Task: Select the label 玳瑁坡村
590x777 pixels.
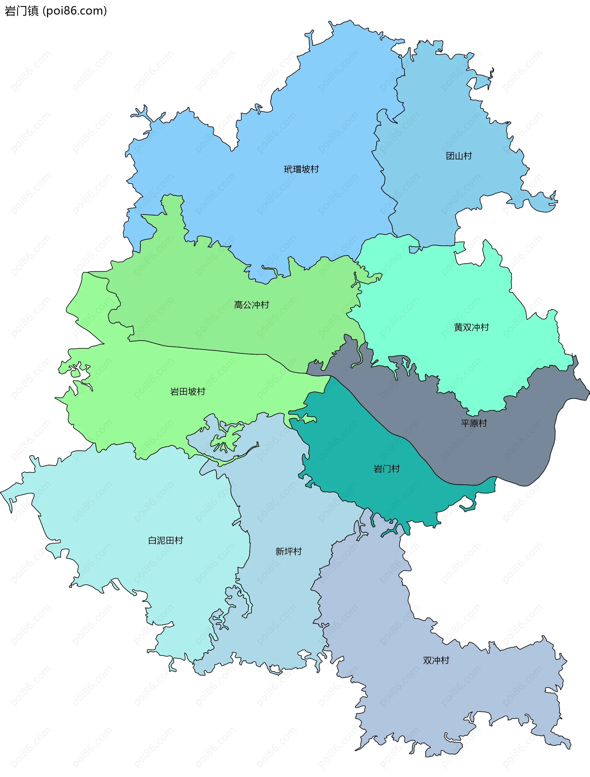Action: click(x=301, y=169)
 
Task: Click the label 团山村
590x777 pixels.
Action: click(x=459, y=156)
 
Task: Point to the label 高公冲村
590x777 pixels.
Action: click(x=251, y=305)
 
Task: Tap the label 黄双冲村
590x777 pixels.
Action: click(x=471, y=327)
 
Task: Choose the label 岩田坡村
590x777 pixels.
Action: click(x=187, y=392)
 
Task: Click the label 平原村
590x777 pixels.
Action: click(x=474, y=423)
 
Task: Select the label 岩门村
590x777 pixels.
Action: click(x=386, y=469)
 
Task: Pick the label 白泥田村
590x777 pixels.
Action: click(x=165, y=540)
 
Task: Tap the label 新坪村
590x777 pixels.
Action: click(x=288, y=551)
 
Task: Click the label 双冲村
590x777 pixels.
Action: click(x=436, y=660)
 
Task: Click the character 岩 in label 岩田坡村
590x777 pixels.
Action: click(x=175, y=392)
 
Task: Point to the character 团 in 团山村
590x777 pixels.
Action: click(x=450, y=156)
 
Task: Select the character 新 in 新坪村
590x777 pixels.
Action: click(x=280, y=551)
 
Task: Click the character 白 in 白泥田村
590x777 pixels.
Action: click(x=152, y=540)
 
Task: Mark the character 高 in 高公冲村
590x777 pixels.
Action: click(x=238, y=305)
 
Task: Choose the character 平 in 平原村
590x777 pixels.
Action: click(x=465, y=423)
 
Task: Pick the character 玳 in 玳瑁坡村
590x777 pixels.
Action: click(x=288, y=169)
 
